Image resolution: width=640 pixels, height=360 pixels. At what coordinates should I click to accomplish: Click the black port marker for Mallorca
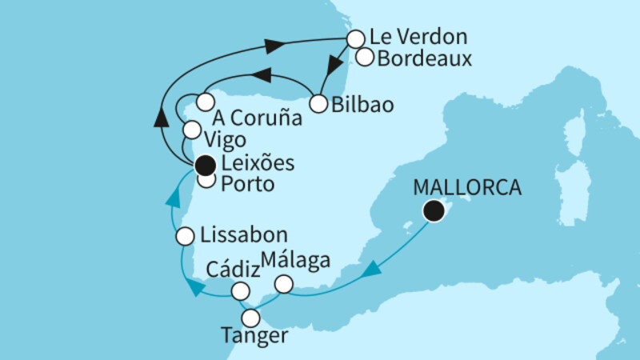(434, 211)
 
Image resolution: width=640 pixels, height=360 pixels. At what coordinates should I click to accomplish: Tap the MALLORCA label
(467, 190)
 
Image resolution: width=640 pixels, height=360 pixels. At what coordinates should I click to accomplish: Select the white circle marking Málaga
(284, 284)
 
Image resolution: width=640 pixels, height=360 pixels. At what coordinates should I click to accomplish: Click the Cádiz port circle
(240, 290)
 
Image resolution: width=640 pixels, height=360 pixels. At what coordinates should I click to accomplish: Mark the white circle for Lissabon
(185, 237)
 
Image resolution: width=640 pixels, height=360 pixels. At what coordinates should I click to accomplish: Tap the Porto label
(250, 184)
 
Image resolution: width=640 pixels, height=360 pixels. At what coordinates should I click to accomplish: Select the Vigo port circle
(192, 130)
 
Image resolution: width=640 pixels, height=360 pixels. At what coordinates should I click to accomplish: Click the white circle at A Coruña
(205, 102)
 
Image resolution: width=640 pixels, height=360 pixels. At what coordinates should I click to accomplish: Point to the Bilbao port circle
(318, 104)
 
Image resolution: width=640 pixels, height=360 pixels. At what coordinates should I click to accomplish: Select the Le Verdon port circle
(354, 38)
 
